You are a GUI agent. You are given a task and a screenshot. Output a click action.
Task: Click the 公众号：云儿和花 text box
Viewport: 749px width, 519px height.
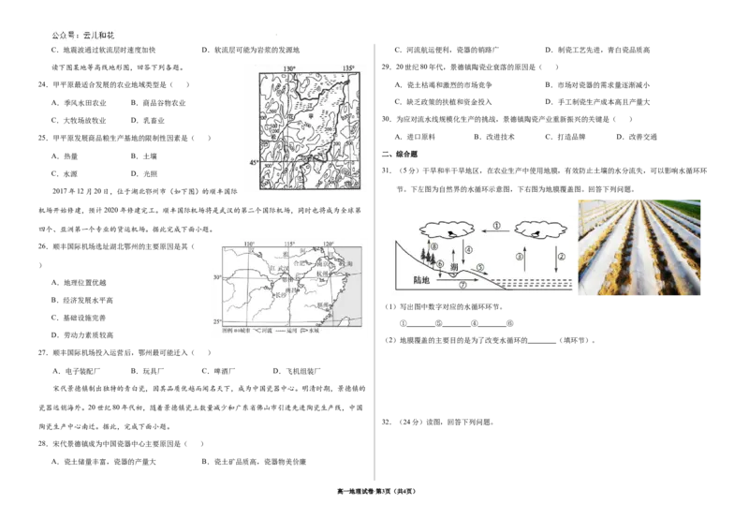[82, 36]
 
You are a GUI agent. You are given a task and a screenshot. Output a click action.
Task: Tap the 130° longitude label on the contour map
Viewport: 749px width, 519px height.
[289, 68]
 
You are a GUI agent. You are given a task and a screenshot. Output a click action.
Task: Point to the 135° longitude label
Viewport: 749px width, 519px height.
[348, 68]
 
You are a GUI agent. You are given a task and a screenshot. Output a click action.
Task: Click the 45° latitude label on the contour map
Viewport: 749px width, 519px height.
[253, 163]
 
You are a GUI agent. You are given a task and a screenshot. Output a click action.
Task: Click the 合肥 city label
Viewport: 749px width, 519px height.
[299, 264]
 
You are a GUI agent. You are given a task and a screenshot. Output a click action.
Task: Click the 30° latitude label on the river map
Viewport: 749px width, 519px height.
[217, 277]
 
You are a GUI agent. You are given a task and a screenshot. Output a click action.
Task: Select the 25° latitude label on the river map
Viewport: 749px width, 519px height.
[217, 321]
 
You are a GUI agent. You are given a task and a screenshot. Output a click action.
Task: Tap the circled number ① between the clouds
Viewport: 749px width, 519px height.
[497, 226]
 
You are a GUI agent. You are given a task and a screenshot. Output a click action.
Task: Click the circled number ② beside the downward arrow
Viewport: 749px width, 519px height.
[562, 255]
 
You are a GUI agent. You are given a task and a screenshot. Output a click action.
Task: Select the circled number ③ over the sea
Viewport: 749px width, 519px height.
[518, 255]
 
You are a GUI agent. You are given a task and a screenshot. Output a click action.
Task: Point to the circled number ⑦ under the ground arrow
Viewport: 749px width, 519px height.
[462, 284]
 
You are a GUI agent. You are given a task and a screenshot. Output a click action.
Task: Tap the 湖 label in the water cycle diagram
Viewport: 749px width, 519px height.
[455, 268]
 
